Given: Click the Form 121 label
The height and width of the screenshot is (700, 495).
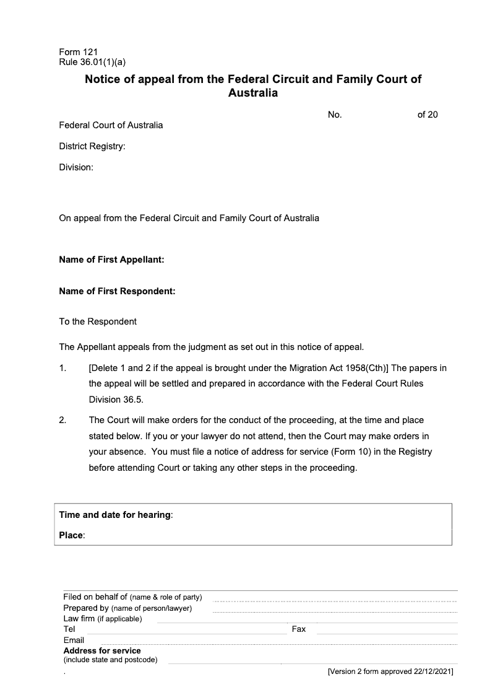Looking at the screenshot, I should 78,53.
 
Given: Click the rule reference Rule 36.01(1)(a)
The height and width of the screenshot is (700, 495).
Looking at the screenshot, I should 92,62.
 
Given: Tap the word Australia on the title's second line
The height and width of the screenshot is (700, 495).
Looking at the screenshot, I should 253,94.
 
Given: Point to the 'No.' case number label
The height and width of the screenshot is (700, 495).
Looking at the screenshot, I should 335,115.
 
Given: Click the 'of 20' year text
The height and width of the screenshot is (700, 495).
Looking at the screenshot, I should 428,115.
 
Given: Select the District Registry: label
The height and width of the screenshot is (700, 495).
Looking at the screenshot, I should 92,146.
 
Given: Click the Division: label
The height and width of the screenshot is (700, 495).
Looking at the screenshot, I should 76,167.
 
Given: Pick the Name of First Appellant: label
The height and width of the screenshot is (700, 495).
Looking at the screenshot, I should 111,260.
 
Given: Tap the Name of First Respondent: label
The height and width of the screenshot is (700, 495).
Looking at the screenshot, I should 117,291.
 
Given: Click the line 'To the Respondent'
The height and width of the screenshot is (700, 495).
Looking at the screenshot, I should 98,322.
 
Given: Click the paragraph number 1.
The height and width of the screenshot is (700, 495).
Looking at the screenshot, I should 62,368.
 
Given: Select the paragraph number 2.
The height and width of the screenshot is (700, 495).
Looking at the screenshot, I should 62,421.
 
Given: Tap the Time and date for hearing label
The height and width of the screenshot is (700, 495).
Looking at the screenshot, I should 116,515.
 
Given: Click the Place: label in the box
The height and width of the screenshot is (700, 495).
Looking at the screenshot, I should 72,535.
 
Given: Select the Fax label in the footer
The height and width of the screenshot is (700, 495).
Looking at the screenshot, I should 299,629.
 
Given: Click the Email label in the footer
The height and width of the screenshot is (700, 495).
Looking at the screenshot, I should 74,640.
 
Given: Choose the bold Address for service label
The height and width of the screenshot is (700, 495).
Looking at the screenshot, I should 102,651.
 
